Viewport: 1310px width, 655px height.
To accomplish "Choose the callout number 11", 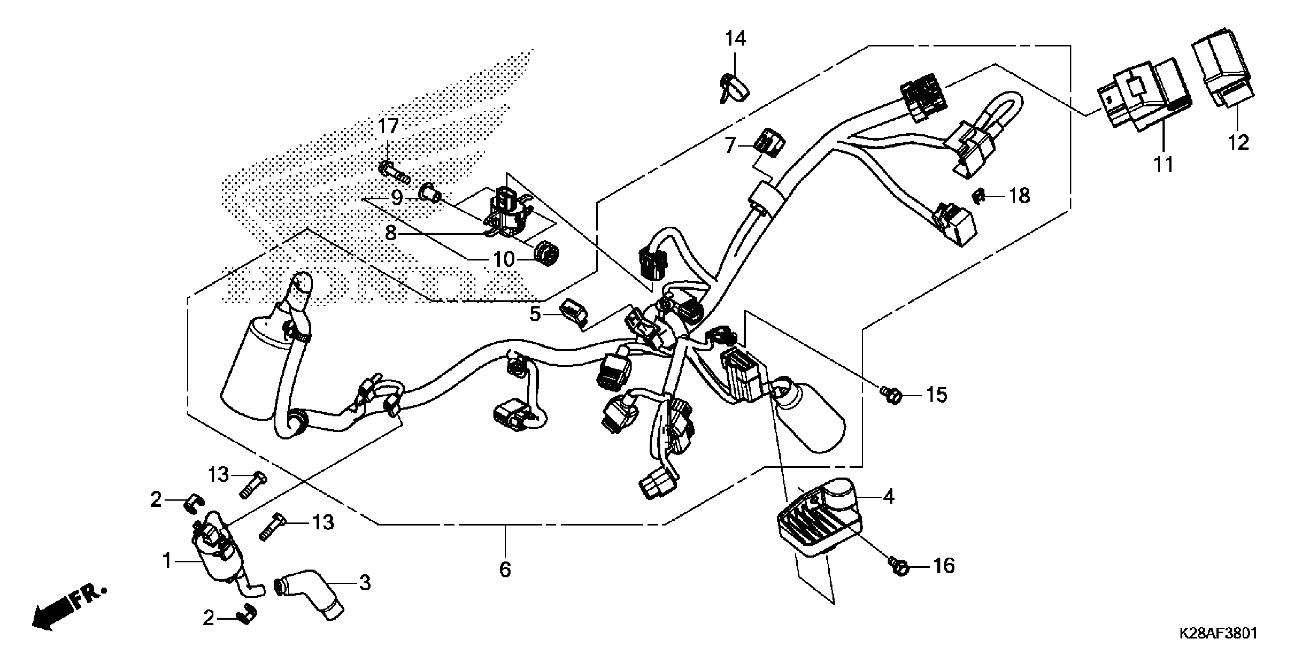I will pos(1164,165).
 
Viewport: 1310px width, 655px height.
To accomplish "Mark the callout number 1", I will pos(167,561).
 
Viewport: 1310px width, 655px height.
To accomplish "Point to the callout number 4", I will pos(888,496).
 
